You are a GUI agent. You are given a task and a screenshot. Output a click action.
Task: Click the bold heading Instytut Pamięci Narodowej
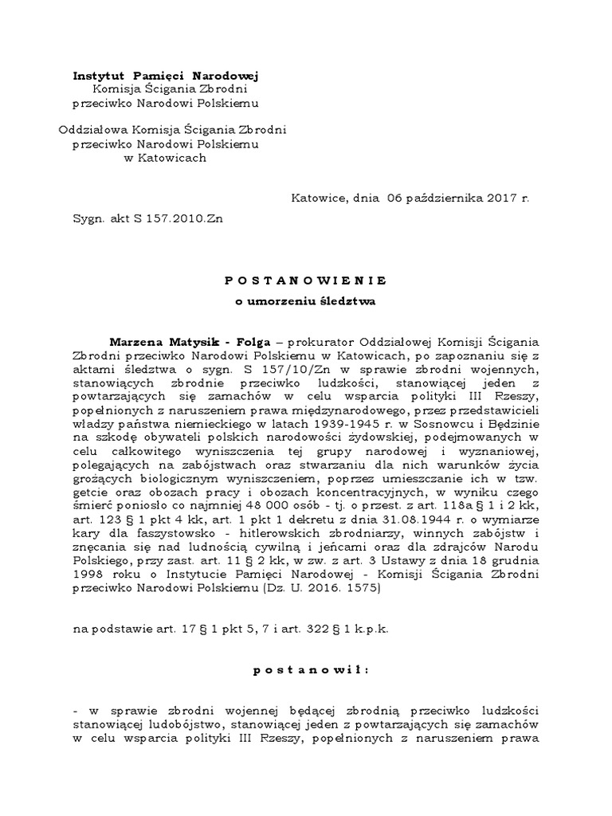click(166, 76)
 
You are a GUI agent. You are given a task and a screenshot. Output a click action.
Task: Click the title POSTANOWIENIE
click(305, 280)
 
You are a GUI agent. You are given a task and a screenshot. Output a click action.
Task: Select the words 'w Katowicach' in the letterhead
click(166, 158)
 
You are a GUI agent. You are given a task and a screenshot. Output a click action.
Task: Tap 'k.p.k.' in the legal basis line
click(371, 629)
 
